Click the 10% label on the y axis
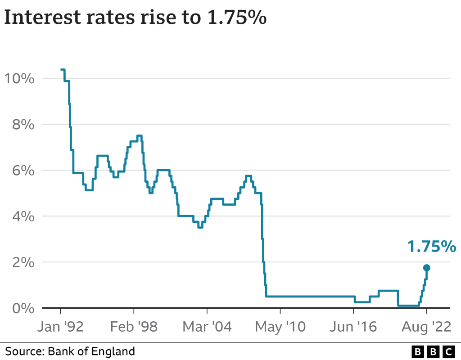coord(18,79)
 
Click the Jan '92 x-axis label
coord(60,327)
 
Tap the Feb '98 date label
coord(134,327)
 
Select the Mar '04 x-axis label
coord(207,327)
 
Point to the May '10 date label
coord(280,327)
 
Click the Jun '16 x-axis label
coord(353,327)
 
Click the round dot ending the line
coord(427,268)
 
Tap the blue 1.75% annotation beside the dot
coord(432,247)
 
